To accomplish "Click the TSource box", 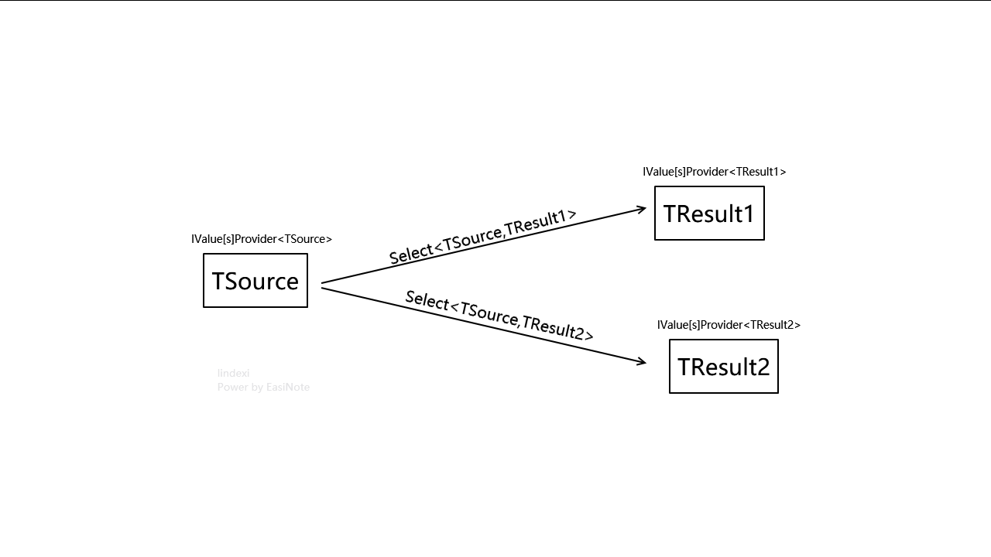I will (255, 281).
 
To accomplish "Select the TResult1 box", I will (709, 214).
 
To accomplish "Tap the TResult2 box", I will (724, 367).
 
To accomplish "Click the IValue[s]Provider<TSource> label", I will (262, 239).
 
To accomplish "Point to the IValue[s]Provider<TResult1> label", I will (714, 172).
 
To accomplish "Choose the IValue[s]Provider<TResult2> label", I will (729, 325).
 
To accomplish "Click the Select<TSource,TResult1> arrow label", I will (482, 236).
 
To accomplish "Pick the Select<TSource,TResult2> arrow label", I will (499, 316).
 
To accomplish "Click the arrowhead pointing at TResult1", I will (642, 208).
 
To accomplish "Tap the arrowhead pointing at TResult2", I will (642, 361).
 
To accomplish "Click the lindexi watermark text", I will (233, 374).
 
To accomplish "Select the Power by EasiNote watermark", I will (263, 387).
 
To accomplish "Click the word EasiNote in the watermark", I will (288, 387).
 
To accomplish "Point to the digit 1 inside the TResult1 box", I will (748, 214).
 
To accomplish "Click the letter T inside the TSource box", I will (218, 281).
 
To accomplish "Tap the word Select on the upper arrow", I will (411, 254).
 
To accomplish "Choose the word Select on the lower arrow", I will (427, 300).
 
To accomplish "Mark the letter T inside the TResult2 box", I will (684, 367).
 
